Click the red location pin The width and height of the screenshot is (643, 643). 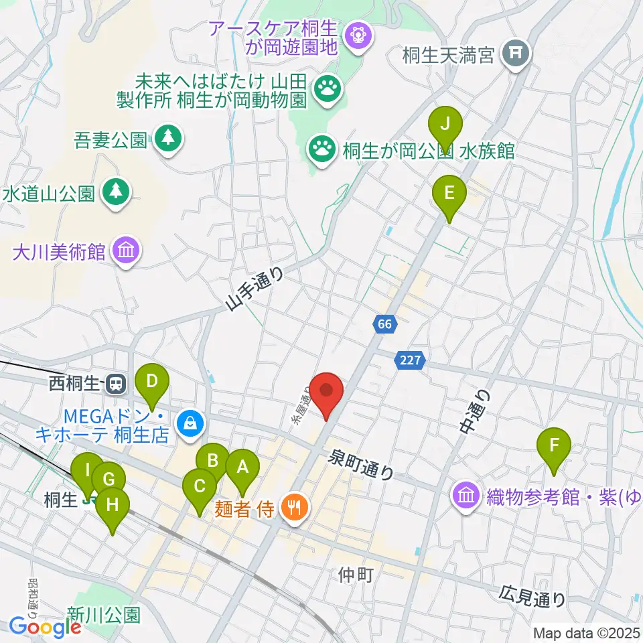coord(326,392)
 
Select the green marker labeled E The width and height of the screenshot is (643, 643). coord(449,194)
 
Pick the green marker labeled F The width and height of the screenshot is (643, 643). coord(554,445)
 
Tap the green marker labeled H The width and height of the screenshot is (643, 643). coord(112,506)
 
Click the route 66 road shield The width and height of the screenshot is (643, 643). coord(384,324)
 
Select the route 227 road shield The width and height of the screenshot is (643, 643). coord(411,360)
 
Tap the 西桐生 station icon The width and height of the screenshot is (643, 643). coord(117,384)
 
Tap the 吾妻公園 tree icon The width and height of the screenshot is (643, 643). coord(167,139)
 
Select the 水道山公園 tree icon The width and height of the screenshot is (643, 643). coord(117,192)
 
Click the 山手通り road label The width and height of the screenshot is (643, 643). coord(255,290)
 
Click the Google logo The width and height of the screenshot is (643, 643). coord(45,628)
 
